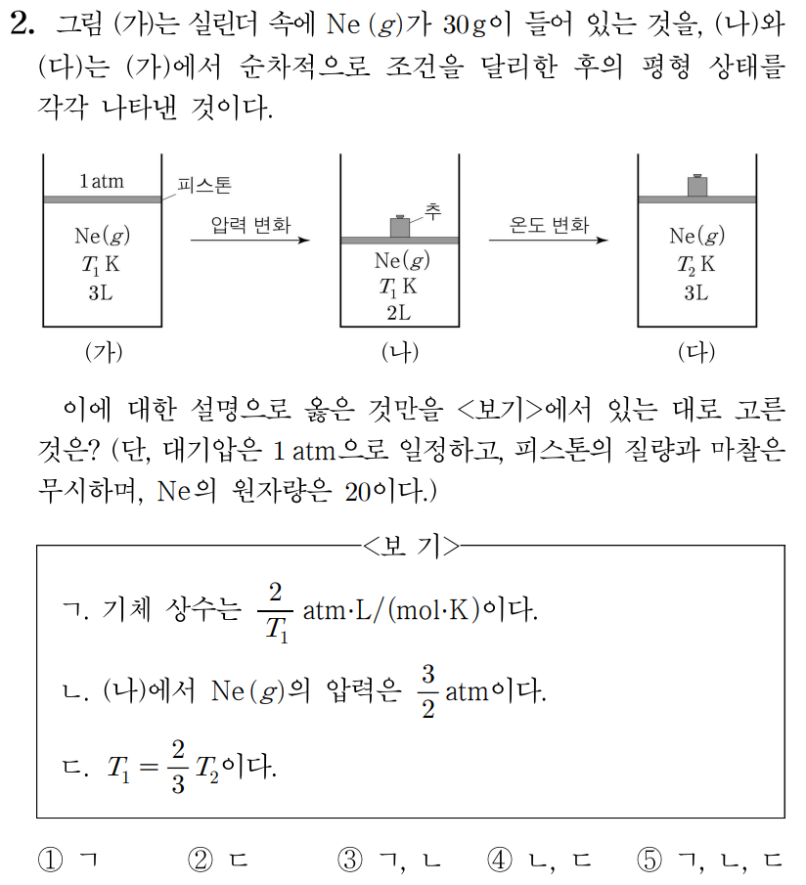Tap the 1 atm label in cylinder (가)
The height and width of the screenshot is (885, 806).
[x=102, y=181]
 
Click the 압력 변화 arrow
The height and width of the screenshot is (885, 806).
[x=250, y=240]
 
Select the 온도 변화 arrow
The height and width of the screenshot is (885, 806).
[x=549, y=240]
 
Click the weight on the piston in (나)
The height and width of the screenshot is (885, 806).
[x=399, y=226]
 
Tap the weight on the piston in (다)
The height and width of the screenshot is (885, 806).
[x=696, y=185]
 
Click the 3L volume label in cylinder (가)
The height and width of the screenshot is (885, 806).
[x=101, y=292]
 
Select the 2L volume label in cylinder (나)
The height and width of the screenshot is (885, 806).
[x=398, y=313]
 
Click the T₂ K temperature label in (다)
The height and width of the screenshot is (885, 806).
[x=695, y=263]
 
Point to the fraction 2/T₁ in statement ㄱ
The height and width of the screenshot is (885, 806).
[x=276, y=611]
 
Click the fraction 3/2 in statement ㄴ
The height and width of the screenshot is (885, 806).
[x=426, y=691]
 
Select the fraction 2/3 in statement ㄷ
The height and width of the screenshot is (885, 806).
[x=177, y=769]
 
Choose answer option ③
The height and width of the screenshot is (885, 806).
[x=350, y=861]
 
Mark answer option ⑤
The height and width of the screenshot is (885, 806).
[x=650, y=861]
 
